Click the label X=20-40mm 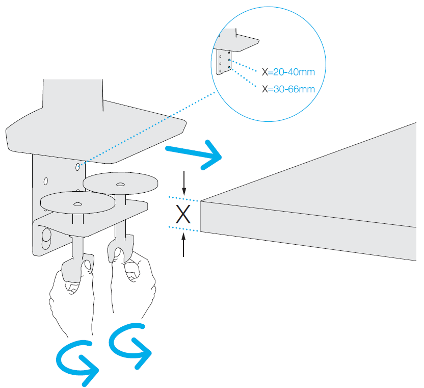click(x=288, y=72)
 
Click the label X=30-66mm click(x=288, y=89)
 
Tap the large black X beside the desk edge click(x=183, y=214)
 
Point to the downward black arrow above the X click(x=184, y=183)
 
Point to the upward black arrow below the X click(x=183, y=245)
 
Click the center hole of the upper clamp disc click(x=120, y=185)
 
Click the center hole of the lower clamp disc click(x=77, y=204)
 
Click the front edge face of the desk click(x=308, y=231)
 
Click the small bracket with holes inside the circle click(x=224, y=62)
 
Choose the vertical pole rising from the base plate click(x=73, y=95)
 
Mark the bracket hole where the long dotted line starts click(x=77, y=167)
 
